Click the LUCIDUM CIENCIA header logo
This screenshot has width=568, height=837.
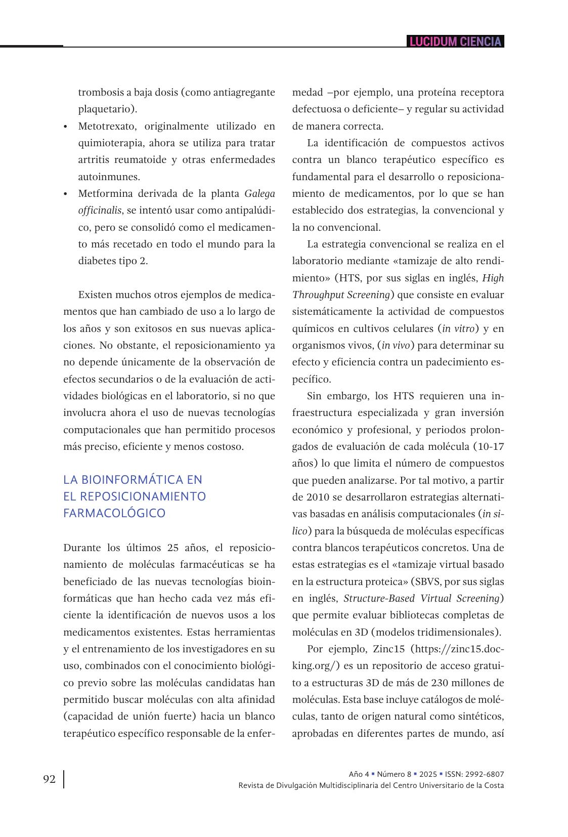pyautogui.click(x=455, y=41)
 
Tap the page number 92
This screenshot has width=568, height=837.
pyautogui.click(x=50, y=779)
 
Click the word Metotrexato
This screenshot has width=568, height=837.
pyautogui.click(x=106, y=126)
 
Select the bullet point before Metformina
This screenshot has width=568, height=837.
pyautogui.click(x=66, y=194)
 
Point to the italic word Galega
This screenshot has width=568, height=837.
pyautogui.click(x=259, y=193)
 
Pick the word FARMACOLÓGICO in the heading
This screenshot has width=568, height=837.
pyautogui.click(x=114, y=513)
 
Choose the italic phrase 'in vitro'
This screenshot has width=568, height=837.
pyautogui.click(x=458, y=328)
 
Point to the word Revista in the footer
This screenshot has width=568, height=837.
pyautogui.click(x=251, y=785)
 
